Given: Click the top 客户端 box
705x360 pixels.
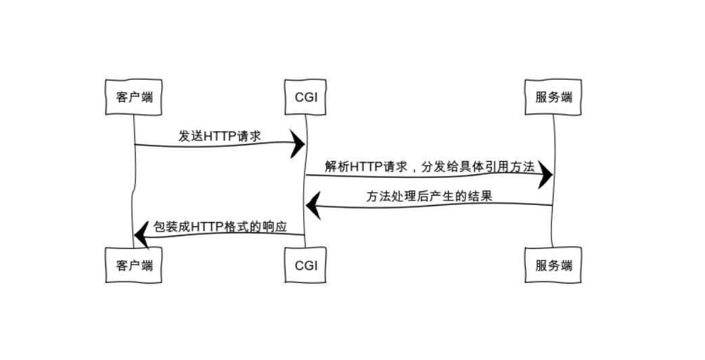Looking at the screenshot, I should coord(134,97).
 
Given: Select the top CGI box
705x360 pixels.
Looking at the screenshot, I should coord(306,97).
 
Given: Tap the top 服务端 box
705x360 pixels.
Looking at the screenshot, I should coord(553,97).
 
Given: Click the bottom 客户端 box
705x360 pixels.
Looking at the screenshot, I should coord(134,265).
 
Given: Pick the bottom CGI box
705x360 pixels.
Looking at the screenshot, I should coord(306,265).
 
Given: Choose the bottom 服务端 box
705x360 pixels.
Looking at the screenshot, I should coord(553,265).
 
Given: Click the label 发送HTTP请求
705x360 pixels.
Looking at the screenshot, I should coord(219,135).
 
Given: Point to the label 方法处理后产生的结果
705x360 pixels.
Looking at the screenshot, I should coord(429,197).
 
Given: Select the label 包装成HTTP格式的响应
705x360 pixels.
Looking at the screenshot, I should coord(220,227).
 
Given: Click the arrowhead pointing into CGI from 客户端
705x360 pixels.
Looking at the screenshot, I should coord(298,143).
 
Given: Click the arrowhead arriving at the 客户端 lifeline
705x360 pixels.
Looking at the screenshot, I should coord(141,235).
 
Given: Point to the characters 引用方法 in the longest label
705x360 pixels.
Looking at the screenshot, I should coord(511,167).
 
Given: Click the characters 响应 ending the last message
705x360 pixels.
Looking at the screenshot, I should coord(275,227).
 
